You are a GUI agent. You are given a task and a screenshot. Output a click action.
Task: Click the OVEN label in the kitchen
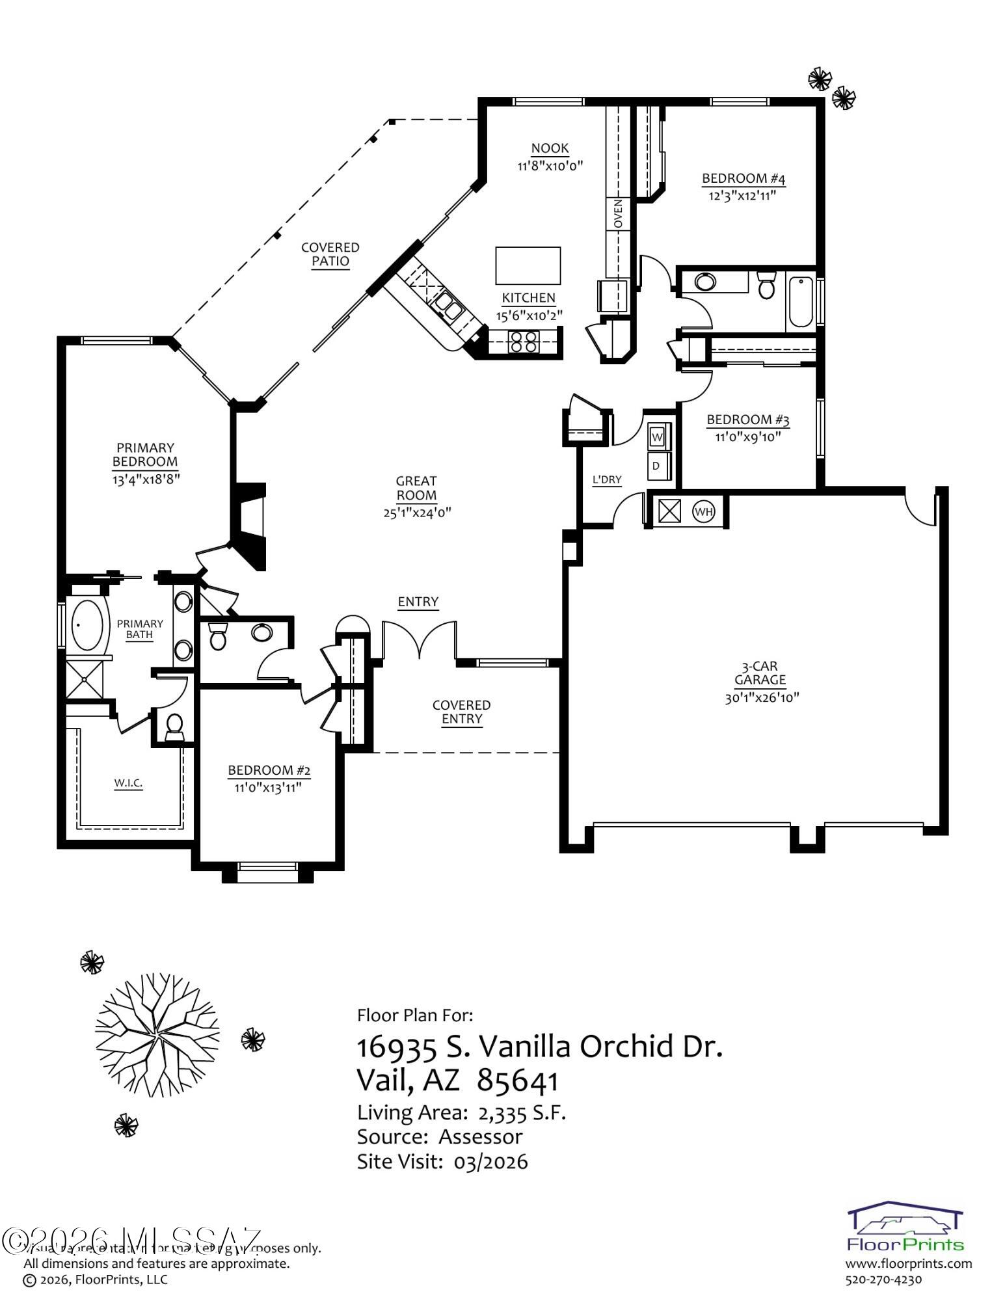(x=618, y=213)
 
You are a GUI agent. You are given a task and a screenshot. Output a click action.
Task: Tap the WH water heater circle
(x=704, y=511)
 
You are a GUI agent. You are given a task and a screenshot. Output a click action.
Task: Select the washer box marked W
(x=657, y=436)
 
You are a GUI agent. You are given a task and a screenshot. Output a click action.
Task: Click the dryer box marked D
(x=656, y=466)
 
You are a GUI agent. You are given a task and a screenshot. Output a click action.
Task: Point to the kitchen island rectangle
(x=528, y=265)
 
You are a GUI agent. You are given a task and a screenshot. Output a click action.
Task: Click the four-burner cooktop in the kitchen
(x=524, y=342)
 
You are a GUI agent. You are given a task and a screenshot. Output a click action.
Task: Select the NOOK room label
(x=550, y=149)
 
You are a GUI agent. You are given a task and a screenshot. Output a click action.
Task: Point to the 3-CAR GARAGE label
(x=760, y=673)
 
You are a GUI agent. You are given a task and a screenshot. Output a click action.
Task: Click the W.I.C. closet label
(x=128, y=783)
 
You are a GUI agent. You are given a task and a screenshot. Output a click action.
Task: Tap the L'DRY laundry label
(x=607, y=480)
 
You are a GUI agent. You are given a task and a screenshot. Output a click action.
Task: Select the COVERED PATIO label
(x=330, y=254)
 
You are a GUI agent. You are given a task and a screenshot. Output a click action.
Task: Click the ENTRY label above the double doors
(x=418, y=602)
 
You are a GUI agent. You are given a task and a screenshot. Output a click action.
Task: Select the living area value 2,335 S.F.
(x=522, y=1112)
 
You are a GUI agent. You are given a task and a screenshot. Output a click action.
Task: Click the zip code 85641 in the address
(x=518, y=1081)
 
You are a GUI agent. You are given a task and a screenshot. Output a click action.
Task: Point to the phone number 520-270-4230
(x=883, y=1280)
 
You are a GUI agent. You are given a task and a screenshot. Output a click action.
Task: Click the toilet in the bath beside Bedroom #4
(x=766, y=285)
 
